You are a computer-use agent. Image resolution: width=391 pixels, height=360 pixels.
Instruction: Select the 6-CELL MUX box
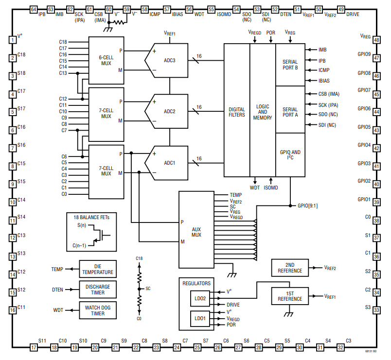106,61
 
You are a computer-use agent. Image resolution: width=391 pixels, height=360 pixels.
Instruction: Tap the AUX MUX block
196,230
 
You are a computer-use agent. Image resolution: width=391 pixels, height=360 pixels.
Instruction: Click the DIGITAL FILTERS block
237,110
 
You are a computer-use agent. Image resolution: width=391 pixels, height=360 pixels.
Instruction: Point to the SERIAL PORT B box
290,65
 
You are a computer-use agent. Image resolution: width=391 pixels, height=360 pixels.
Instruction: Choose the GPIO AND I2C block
290,154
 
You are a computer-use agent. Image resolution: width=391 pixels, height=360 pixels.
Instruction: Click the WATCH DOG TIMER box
98,310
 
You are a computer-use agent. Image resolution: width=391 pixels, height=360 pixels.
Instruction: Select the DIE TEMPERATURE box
98,269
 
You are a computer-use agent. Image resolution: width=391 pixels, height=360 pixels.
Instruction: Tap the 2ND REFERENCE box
290,268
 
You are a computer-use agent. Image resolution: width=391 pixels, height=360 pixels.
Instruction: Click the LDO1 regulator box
200,319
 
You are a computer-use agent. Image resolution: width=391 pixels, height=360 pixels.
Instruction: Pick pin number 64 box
34,9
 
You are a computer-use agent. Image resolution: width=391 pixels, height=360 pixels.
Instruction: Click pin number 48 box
376,40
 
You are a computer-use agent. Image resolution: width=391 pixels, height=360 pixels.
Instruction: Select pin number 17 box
34,347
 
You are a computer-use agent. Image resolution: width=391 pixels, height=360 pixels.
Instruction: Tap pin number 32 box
340,347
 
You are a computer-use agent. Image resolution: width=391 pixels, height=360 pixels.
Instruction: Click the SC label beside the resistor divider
148,289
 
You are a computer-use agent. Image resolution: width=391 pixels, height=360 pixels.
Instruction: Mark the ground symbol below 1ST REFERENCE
289,314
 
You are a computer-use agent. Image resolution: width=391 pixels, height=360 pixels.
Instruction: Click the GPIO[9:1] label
308,206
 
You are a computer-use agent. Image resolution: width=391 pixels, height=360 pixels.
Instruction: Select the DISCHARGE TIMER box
98,290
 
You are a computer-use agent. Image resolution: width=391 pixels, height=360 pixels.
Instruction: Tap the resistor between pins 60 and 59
119,22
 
